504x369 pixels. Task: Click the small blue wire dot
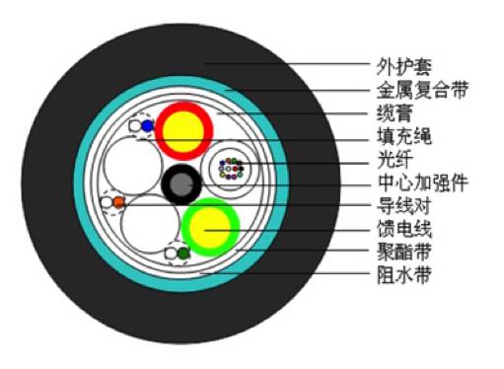coord(147,126)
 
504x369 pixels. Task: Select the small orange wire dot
coord(118,202)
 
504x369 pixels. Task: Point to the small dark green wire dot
coord(182,254)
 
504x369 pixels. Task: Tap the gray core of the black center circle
coord(181,184)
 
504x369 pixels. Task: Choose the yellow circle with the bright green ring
coord(209,228)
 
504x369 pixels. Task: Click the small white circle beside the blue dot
coord(136,126)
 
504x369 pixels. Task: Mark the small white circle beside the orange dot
coord(107,202)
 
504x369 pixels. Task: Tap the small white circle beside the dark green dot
coord(171,255)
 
